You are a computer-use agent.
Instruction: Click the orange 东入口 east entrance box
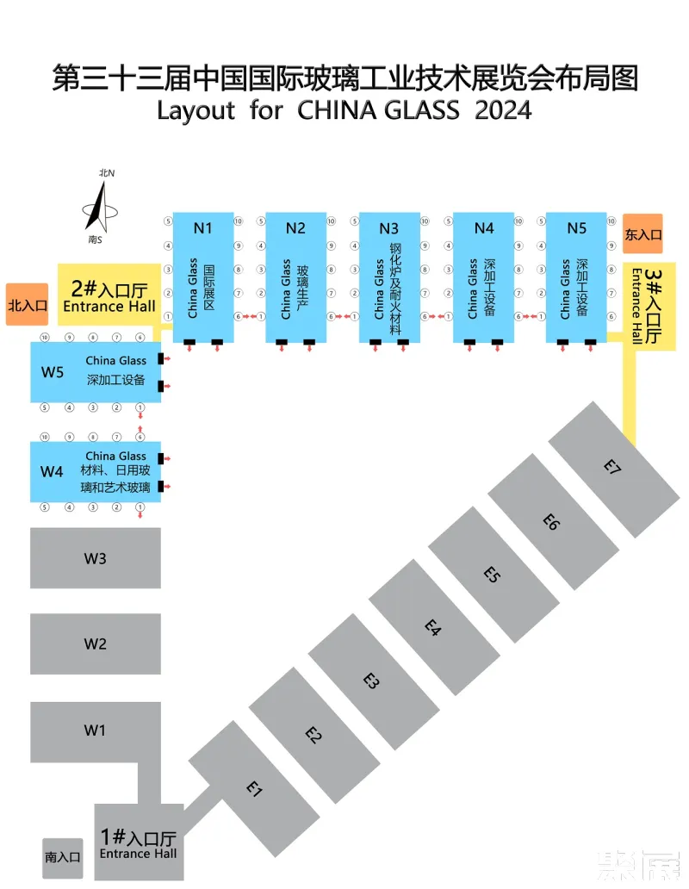tap(642, 233)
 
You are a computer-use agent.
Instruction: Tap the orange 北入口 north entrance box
tap(27, 304)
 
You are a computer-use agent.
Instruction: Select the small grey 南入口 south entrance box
tap(62, 857)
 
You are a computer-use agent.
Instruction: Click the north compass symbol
tap(101, 207)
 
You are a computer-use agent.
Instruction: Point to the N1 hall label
tap(202, 228)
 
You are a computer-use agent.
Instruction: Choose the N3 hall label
tap(389, 228)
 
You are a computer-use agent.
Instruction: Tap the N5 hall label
tap(577, 228)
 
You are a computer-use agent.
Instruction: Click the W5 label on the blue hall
tap(53, 372)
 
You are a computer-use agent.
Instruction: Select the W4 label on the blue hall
tap(53, 471)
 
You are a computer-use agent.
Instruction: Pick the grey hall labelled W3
tap(95, 558)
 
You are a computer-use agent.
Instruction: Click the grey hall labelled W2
tap(95, 643)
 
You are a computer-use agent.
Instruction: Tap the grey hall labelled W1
tap(95, 730)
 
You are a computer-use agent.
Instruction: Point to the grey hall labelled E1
tap(253, 787)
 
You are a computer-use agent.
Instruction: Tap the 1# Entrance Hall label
tap(138, 842)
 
